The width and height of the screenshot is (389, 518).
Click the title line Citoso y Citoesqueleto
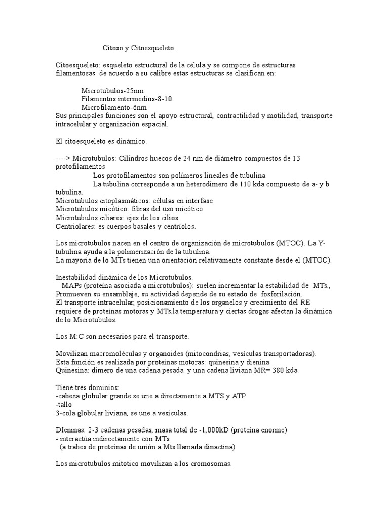coord(139,48)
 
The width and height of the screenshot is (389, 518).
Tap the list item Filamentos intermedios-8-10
coord(130,99)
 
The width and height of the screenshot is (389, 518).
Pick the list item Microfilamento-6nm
coord(114,107)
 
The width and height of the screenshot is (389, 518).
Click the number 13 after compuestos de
coord(296,158)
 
